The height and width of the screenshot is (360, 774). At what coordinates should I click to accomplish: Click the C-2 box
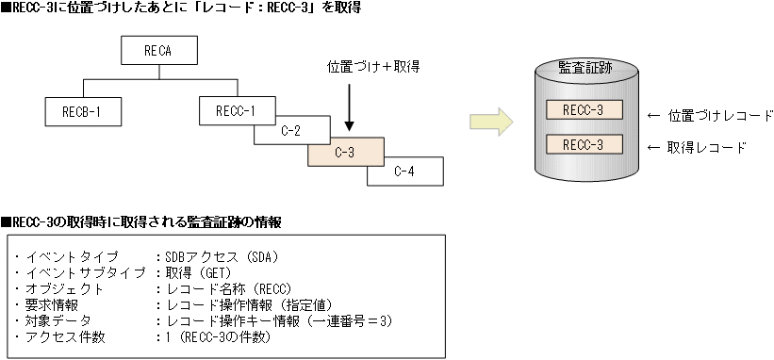tap(290, 131)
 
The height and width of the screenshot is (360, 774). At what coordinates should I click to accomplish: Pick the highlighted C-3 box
tap(345, 151)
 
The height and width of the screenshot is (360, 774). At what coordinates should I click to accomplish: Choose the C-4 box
tap(404, 171)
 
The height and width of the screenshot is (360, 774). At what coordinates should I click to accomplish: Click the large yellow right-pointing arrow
tap(490, 122)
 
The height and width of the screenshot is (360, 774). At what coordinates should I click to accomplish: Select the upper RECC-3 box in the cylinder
tap(583, 110)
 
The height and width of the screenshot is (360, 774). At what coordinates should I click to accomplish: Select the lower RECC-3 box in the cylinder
tap(583, 145)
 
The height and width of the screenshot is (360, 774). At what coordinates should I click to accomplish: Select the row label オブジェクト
tap(67, 288)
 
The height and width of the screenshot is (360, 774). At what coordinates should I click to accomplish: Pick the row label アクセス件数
tap(67, 336)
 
